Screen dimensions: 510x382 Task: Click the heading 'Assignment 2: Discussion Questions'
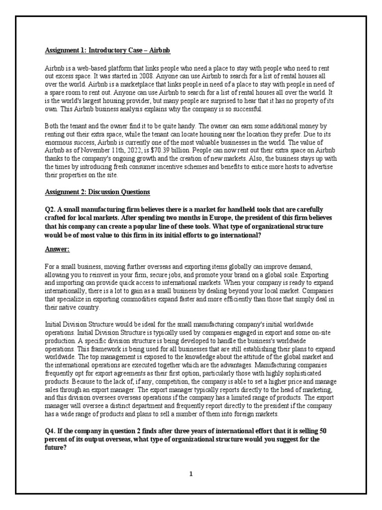pos(97,192)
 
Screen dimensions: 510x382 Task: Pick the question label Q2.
pos(50,209)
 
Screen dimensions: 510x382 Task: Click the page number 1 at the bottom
pos(191,474)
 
